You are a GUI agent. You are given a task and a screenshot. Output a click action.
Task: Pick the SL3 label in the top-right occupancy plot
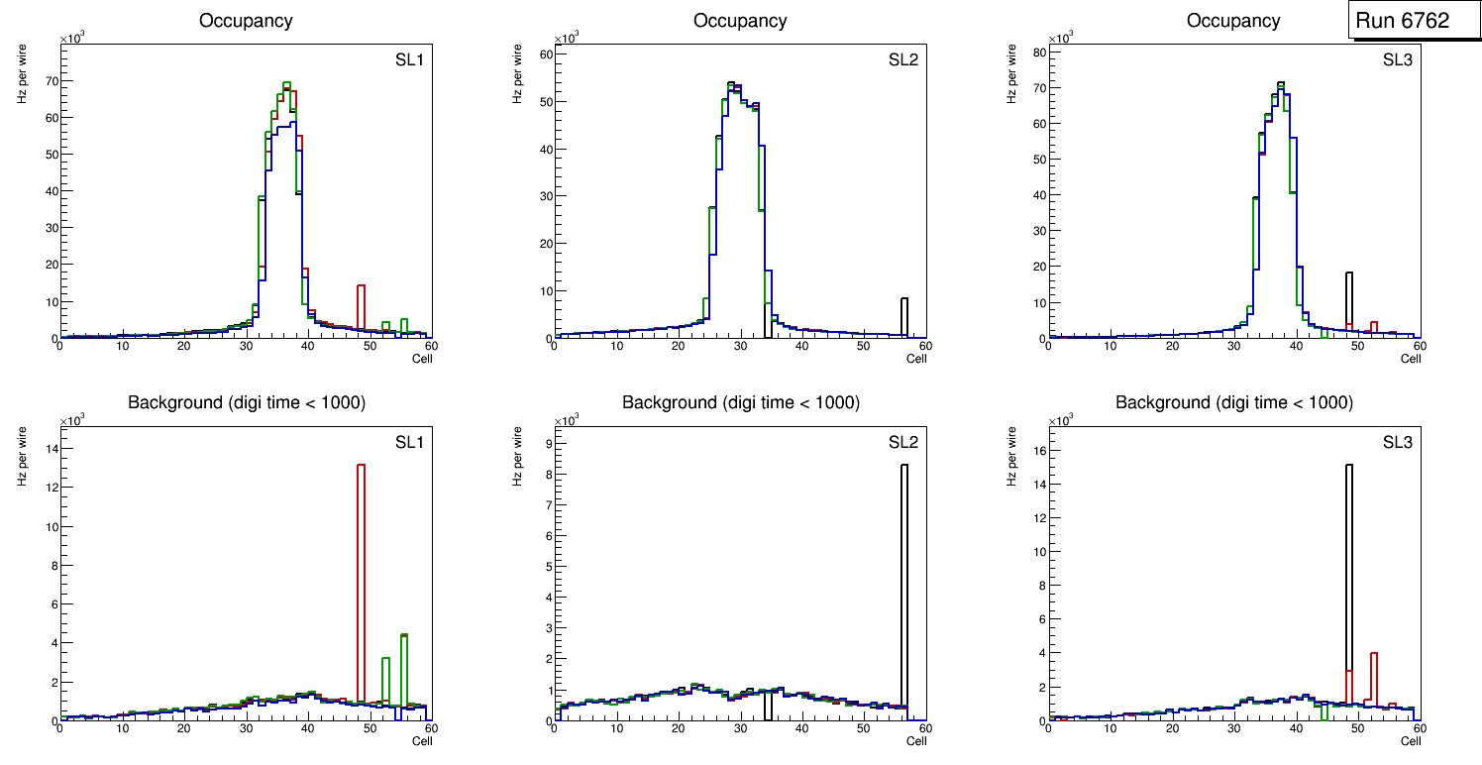[1397, 59]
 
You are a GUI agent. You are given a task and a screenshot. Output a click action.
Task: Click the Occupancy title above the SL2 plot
[740, 21]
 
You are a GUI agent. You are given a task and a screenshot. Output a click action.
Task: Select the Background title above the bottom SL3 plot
[1233, 402]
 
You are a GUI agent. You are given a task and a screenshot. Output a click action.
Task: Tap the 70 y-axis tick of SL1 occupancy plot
[49, 80]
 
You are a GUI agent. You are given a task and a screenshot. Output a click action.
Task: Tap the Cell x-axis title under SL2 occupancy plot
[916, 359]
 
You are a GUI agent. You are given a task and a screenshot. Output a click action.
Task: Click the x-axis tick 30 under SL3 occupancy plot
[1233, 346]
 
